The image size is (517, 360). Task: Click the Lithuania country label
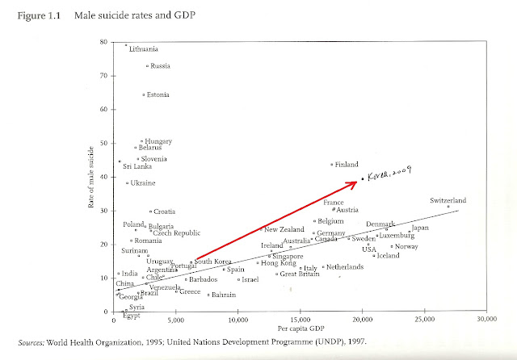tap(144, 49)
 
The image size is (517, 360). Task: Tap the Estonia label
tap(158, 95)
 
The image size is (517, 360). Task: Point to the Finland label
tap(347, 165)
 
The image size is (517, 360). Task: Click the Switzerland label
tap(448, 201)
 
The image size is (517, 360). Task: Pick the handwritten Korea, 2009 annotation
tap(389, 173)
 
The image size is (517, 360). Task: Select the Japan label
tap(420, 228)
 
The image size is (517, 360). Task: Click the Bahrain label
tap(224, 295)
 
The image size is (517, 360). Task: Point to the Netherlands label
tap(345, 266)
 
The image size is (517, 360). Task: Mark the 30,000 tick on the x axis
tap(485, 320)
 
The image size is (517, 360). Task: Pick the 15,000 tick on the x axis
tap(301, 320)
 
